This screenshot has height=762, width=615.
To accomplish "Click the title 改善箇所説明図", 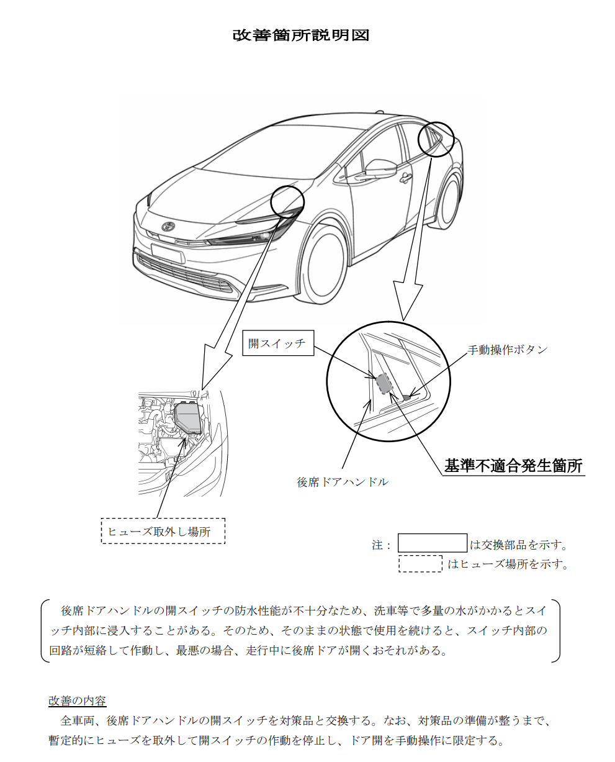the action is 301,35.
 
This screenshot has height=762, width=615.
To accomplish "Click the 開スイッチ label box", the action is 278,343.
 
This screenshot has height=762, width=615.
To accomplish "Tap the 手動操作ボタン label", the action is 508,350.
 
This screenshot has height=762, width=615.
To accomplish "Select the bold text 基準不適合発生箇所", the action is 513,466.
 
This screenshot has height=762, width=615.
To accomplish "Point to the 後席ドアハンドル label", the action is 343,482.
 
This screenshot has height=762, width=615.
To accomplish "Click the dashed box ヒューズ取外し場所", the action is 163,531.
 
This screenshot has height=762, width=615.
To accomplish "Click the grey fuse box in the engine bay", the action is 189,418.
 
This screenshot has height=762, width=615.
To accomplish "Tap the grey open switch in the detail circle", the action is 384,383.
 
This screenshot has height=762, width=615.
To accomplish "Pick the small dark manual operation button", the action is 407,397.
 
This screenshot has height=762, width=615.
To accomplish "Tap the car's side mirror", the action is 380,166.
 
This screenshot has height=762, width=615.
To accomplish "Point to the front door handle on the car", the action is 405,177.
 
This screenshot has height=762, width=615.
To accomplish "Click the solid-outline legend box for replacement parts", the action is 433,543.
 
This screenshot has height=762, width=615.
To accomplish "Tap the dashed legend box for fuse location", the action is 420,563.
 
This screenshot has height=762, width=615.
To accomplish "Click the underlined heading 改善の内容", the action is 77,701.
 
